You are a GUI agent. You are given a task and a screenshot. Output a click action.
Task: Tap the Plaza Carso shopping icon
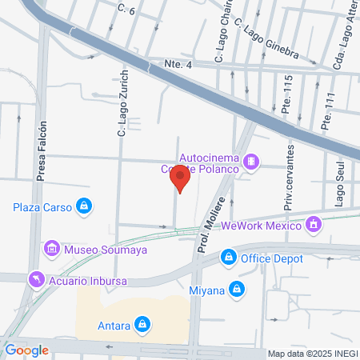tap(83, 206)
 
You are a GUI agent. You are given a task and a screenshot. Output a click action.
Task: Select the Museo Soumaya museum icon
tap(53, 248)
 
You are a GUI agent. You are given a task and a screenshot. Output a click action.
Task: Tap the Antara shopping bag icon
tap(142, 324)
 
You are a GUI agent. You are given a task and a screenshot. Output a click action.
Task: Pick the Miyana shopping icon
tap(236, 289)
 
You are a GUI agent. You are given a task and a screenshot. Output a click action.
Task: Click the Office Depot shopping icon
tap(229, 257)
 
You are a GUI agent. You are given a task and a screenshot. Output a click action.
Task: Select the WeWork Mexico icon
tap(314, 225)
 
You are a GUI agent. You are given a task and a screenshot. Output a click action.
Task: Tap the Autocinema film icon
tap(252, 162)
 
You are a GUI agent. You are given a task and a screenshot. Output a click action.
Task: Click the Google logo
tap(27, 350)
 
